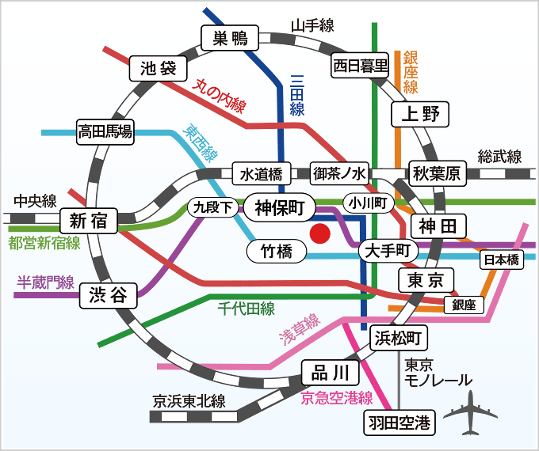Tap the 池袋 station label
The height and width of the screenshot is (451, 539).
click(x=157, y=69)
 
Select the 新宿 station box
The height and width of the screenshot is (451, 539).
click(x=88, y=221)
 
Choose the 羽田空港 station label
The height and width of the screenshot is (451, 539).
click(x=400, y=423)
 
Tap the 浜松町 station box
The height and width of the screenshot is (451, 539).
click(x=400, y=339)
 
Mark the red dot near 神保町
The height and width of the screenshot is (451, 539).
click(x=319, y=233)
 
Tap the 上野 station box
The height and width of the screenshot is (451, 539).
click(x=420, y=114)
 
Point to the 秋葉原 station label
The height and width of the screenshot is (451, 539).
click(x=436, y=173)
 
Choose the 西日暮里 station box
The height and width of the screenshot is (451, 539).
click(x=360, y=65)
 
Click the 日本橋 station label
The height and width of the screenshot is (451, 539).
click(x=501, y=259)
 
